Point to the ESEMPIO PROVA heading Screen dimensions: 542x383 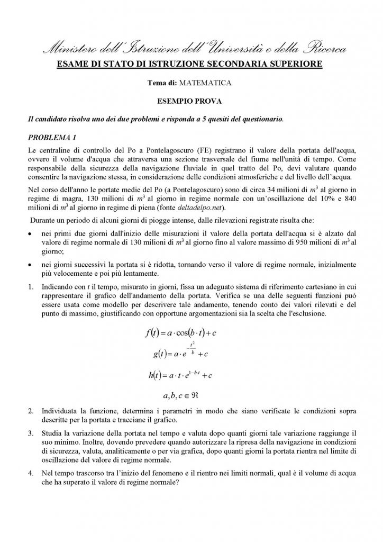pos(191,100)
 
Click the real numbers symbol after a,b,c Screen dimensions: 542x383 pos(203,395)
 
